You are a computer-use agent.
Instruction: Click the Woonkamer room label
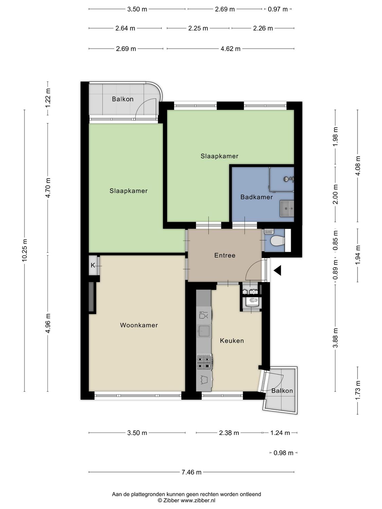click(139, 325)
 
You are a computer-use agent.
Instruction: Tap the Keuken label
click(232, 341)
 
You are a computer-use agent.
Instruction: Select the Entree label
click(224, 255)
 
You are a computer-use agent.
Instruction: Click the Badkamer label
click(256, 197)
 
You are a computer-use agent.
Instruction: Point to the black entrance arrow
click(277, 270)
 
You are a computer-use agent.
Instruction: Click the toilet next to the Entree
click(278, 241)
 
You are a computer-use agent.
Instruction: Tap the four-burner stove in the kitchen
click(204, 362)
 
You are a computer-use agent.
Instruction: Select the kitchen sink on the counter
click(204, 331)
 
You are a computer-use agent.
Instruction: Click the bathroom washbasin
click(287, 208)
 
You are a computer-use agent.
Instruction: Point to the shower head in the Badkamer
click(288, 179)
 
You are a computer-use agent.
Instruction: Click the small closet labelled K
click(93, 265)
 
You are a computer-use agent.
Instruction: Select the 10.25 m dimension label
click(24, 250)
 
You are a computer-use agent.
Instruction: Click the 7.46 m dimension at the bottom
click(192, 472)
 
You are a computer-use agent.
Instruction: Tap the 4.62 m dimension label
click(230, 49)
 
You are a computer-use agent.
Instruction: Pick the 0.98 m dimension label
click(284, 453)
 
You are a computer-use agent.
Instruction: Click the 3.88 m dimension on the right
click(335, 338)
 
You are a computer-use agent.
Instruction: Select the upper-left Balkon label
click(123, 99)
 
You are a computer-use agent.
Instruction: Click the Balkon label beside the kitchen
click(282, 391)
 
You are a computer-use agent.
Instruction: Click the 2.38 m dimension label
click(229, 433)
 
